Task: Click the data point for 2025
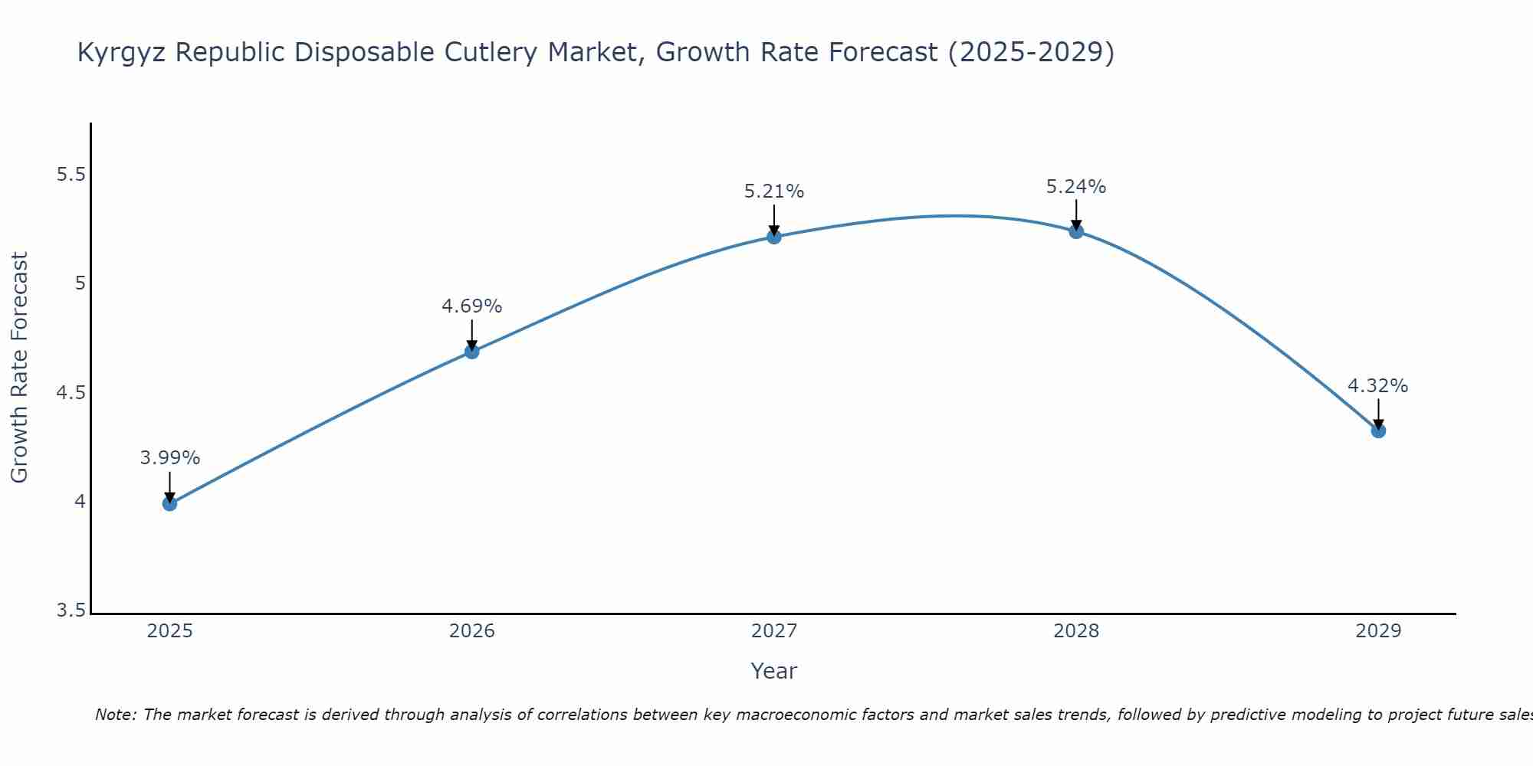tap(169, 503)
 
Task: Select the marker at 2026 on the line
tap(472, 352)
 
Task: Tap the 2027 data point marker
tap(774, 237)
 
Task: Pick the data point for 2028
tap(1076, 231)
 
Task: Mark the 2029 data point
tap(1378, 430)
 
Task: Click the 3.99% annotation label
tap(169, 458)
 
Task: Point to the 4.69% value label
tap(472, 306)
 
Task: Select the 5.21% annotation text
tap(774, 191)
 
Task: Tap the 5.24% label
tap(1076, 187)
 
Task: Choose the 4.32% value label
tap(1378, 386)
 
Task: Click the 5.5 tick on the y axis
tap(71, 175)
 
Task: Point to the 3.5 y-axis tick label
tap(71, 611)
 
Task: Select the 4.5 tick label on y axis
tap(71, 393)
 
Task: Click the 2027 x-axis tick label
tap(774, 631)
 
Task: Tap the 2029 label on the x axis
tap(1378, 631)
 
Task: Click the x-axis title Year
tap(774, 671)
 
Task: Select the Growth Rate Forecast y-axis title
tap(19, 367)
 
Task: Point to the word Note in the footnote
tap(115, 715)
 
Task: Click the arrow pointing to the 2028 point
tap(1076, 214)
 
